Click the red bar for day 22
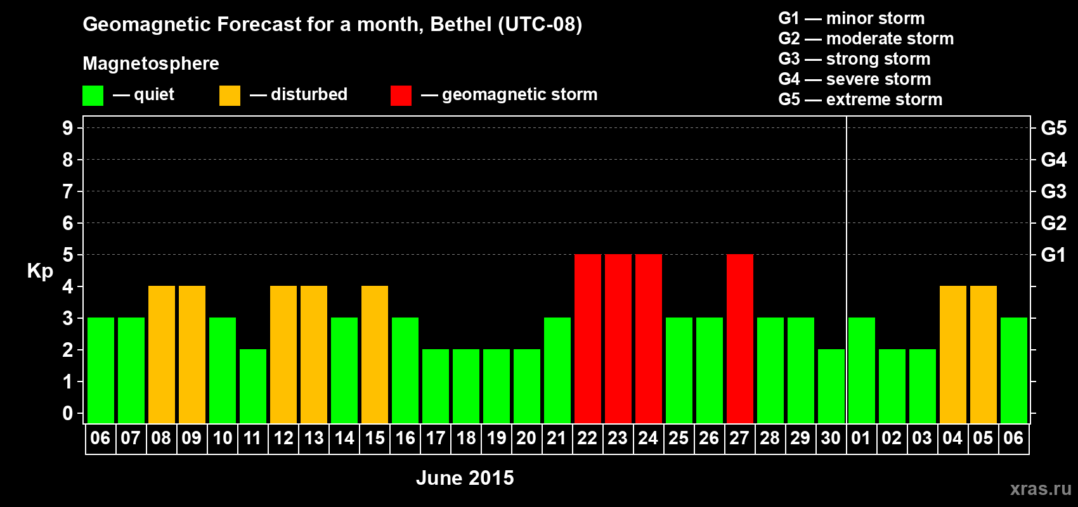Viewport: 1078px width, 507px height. click(588, 338)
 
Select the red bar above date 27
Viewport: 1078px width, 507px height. click(740, 338)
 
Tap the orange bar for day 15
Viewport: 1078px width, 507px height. click(375, 354)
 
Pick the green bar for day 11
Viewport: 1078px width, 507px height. click(253, 386)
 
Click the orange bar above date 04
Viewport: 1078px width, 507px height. click(953, 354)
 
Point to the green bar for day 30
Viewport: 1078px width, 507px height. click(831, 386)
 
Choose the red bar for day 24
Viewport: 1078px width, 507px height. click(649, 338)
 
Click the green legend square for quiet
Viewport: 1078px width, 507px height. click(93, 96)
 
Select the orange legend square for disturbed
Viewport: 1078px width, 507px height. click(230, 96)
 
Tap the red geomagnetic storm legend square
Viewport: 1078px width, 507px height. click(401, 96)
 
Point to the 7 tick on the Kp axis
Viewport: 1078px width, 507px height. click(68, 191)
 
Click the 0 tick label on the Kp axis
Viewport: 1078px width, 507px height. click(68, 413)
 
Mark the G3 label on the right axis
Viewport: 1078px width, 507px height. click(1053, 191)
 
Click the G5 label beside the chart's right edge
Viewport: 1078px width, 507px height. click(1053, 128)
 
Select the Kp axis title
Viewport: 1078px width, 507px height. click(40, 271)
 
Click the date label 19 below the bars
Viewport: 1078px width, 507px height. click(497, 438)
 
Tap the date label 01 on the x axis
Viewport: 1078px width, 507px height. click(861, 438)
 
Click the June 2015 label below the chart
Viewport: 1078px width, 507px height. click(465, 478)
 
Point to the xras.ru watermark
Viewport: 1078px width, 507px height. click(1041, 488)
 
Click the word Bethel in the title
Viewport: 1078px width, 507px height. click(461, 24)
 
